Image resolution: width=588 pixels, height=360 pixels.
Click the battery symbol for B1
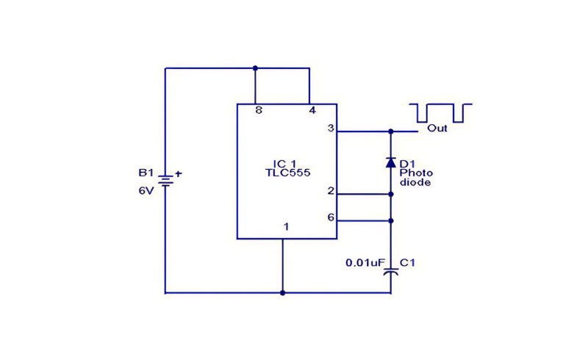tap(165, 181)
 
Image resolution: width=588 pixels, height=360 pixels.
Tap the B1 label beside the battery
tap(146, 173)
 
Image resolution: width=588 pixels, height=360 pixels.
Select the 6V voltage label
tap(146, 191)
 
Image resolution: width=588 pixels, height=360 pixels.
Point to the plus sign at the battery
tap(179, 173)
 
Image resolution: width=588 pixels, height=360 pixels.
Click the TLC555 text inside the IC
tap(287, 173)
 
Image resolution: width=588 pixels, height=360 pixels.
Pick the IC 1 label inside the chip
tap(284, 164)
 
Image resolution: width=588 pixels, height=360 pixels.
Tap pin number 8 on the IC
tap(259, 110)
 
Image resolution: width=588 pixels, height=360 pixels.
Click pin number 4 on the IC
tap(312, 110)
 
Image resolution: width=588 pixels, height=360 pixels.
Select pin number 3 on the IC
tap(330, 129)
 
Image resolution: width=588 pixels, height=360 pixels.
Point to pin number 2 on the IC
tap(330, 191)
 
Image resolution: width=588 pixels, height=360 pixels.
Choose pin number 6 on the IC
tap(330, 217)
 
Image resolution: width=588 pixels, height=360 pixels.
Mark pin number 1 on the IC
tap(286, 227)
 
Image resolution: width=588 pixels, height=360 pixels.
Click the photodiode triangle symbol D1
tap(391, 162)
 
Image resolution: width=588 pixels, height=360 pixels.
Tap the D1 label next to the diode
tap(407, 164)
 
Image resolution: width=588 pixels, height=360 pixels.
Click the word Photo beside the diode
tap(416, 173)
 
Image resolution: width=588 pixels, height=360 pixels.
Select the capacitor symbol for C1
tap(391, 272)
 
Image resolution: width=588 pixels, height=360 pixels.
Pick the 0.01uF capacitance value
tap(363, 263)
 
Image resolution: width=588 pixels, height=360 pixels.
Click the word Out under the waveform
tap(437, 129)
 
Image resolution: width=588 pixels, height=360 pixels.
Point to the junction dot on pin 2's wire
tap(391, 194)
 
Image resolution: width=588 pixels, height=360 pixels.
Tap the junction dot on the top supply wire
tap(255, 68)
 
